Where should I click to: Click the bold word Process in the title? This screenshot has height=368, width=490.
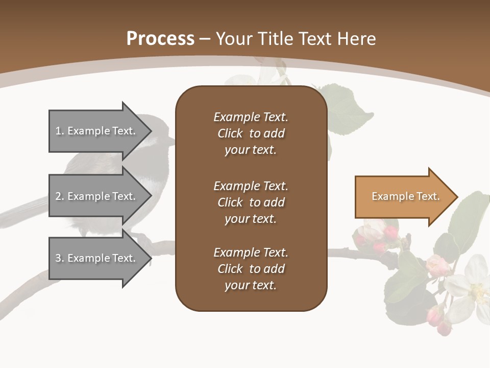160,39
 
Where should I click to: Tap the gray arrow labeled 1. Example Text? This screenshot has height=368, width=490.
97,131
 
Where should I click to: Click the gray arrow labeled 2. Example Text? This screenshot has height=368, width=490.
97,196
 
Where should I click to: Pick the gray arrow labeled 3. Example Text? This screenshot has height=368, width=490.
97,258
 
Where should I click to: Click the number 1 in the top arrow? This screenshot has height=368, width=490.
58,131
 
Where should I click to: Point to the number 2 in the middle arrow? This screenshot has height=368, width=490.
58,196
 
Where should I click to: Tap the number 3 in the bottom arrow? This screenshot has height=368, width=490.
58,258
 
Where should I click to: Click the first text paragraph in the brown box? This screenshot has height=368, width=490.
251,133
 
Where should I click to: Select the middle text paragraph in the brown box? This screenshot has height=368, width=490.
251,202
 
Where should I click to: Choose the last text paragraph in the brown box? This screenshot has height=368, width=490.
251,269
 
